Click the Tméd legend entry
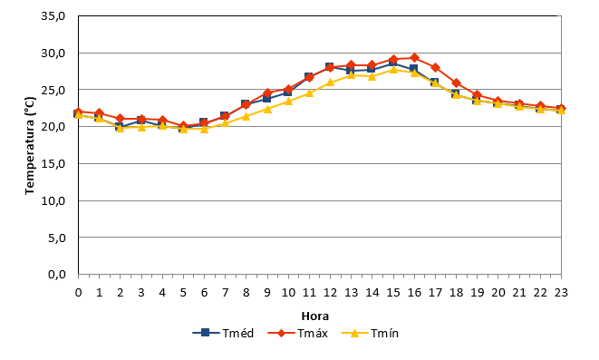point(224,333)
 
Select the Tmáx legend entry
point(298,333)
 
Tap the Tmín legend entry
point(370,333)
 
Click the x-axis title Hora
point(315,316)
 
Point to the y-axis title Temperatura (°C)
point(30,146)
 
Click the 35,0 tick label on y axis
point(53,16)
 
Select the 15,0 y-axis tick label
point(53,163)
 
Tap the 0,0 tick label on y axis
point(57,275)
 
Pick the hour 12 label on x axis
point(331,293)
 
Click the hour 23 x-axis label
point(561,293)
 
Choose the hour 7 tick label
point(225,293)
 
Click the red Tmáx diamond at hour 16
point(414,58)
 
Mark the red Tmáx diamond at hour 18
point(456,83)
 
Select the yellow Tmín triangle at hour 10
point(288,102)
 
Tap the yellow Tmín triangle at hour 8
point(246,116)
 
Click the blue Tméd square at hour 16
point(414,69)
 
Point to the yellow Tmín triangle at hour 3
point(141,127)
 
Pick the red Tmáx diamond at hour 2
point(121,119)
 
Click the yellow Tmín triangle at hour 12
point(331,83)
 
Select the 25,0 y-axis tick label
point(53,90)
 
